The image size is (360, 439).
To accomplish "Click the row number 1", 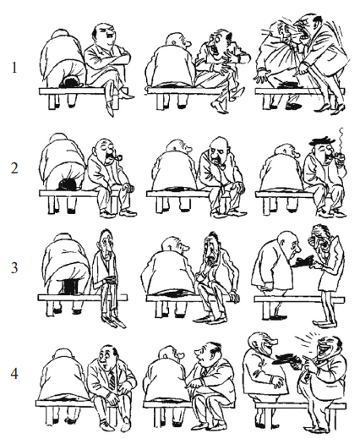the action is pyautogui.click(x=14, y=68).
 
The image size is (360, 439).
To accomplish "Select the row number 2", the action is pyautogui.click(x=14, y=168).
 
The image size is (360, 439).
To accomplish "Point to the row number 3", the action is pyautogui.click(x=14, y=267).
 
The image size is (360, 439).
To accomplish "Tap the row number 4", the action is pyautogui.click(x=14, y=374).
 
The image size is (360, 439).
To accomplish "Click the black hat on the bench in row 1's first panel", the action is pyautogui.click(x=71, y=81).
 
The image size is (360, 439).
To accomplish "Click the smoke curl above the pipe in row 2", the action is pyautogui.click(x=341, y=139).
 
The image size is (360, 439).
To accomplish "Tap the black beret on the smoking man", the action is pyautogui.click(x=323, y=141).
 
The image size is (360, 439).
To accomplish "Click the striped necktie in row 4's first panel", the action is pyautogui.click(x=112, y=380).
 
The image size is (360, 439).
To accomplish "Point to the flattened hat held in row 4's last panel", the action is pyautogui.click(x=286, y=359).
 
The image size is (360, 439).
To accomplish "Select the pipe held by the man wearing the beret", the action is pyautogui.click(x=340, y=156).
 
